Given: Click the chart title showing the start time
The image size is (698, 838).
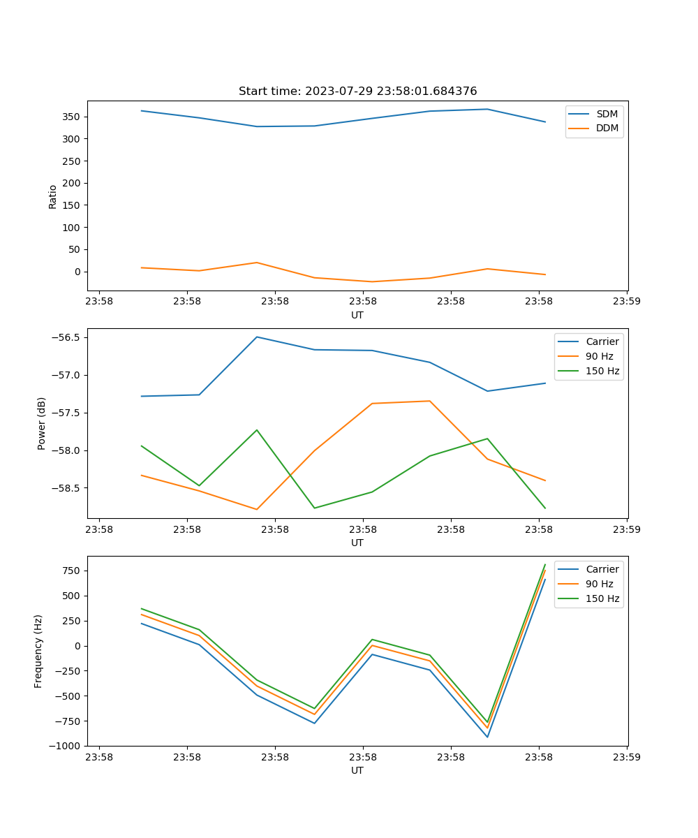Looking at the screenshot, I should point(357,91).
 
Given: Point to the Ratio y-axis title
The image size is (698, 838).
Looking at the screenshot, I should point(52,196).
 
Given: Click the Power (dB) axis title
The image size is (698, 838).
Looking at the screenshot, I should point(42,423).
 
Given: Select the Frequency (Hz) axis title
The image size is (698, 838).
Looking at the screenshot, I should point(38,651).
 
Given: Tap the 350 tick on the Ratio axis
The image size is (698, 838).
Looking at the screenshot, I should point(72,117).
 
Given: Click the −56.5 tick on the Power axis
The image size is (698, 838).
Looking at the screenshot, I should point(66,337).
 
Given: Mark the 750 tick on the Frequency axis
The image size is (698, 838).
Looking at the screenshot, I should point(72,571).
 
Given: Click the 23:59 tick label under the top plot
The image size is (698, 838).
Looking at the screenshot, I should point(626,302).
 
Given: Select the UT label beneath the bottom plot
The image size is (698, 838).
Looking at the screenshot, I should point(357,770).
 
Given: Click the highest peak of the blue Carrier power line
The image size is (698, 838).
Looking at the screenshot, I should point(257,337).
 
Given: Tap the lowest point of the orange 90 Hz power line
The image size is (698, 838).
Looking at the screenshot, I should point(257,509).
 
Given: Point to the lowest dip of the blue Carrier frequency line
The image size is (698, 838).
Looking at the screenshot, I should point(487,737).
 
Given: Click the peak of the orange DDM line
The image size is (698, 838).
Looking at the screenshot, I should point(257,263).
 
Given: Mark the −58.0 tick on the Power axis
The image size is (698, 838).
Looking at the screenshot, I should point(66,450).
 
